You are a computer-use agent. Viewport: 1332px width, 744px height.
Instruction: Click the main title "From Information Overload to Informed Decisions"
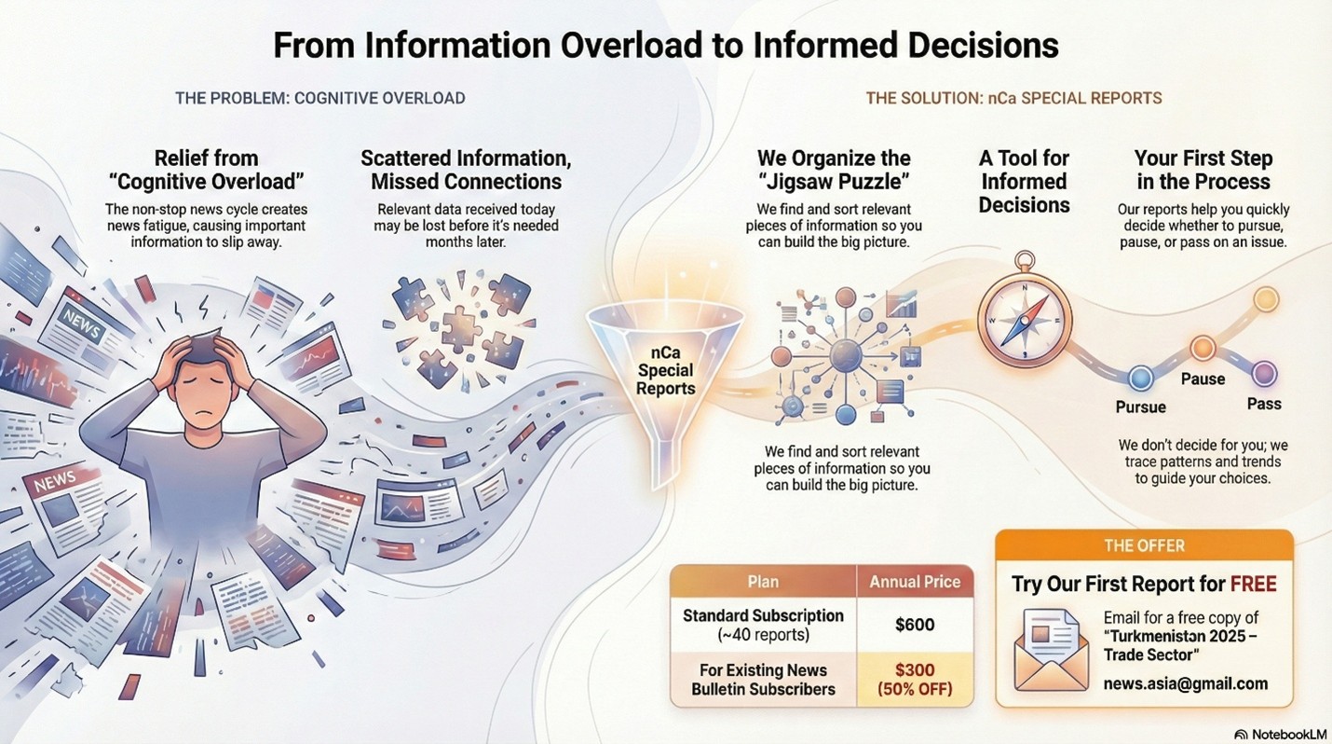point(665,45)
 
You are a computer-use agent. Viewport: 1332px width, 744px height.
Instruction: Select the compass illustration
point(1024,318)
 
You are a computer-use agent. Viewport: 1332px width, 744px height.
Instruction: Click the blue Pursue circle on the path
point(1140,378)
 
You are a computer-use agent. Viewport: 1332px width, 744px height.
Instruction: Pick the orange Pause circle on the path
point(1203,349)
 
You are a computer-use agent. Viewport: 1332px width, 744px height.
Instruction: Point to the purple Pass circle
point(1264,374)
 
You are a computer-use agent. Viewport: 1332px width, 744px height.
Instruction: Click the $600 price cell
point(914,625)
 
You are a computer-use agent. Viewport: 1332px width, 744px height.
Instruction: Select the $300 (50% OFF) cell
point(914,680)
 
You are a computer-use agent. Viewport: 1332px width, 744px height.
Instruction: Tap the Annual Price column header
point(914,582)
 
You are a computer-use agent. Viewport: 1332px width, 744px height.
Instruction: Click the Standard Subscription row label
point(763,625)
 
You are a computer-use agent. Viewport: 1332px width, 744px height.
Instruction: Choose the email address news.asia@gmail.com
point(1185,683)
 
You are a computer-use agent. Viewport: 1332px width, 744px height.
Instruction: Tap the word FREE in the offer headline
point(1253,585)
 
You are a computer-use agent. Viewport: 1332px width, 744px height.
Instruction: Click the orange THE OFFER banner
point(1144,545)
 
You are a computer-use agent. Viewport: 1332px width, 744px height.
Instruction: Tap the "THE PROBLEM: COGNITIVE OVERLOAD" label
point(319,98)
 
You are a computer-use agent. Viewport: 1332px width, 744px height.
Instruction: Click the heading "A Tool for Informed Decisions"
point(1024,181)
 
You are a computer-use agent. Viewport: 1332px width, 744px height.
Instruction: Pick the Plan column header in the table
point(763,582)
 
